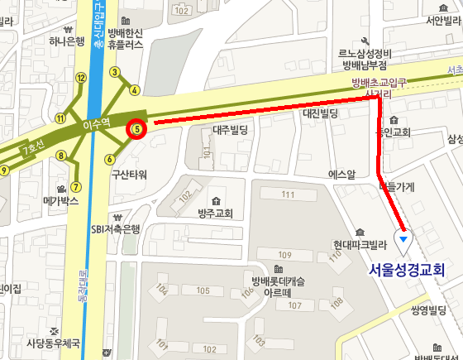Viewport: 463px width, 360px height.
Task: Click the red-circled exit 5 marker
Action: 136,129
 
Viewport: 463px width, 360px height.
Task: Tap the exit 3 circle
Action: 115,71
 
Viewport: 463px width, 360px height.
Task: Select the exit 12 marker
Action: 80,78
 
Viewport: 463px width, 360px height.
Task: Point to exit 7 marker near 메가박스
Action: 75,186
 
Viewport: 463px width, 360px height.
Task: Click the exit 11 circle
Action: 60,118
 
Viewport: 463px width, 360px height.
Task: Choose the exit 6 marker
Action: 109,159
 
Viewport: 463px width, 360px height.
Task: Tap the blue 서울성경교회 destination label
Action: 407,269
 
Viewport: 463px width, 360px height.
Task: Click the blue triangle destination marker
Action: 403,240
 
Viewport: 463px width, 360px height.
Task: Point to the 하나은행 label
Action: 68,41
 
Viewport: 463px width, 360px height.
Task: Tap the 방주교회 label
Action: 215,214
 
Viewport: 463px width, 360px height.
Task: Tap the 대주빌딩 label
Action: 231,130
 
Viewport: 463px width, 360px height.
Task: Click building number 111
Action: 287,194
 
